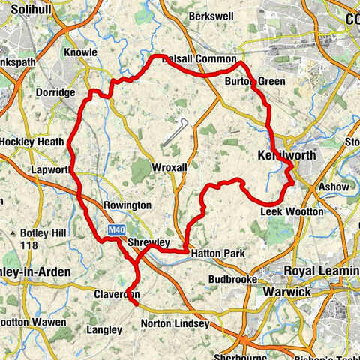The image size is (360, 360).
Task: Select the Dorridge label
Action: click(55, 92)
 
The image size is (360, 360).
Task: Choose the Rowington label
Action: click(127, 205)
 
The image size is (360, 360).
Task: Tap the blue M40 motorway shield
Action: click(115, 229)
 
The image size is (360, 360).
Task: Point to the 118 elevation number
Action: click(29, 245)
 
